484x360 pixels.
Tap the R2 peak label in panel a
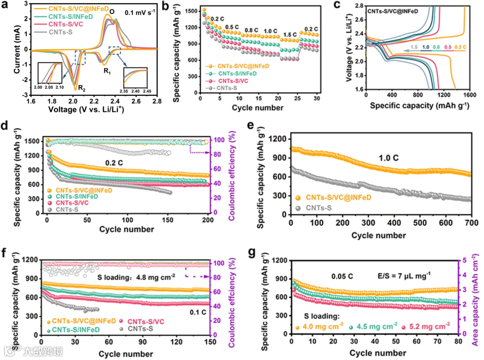click(82, 88)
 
